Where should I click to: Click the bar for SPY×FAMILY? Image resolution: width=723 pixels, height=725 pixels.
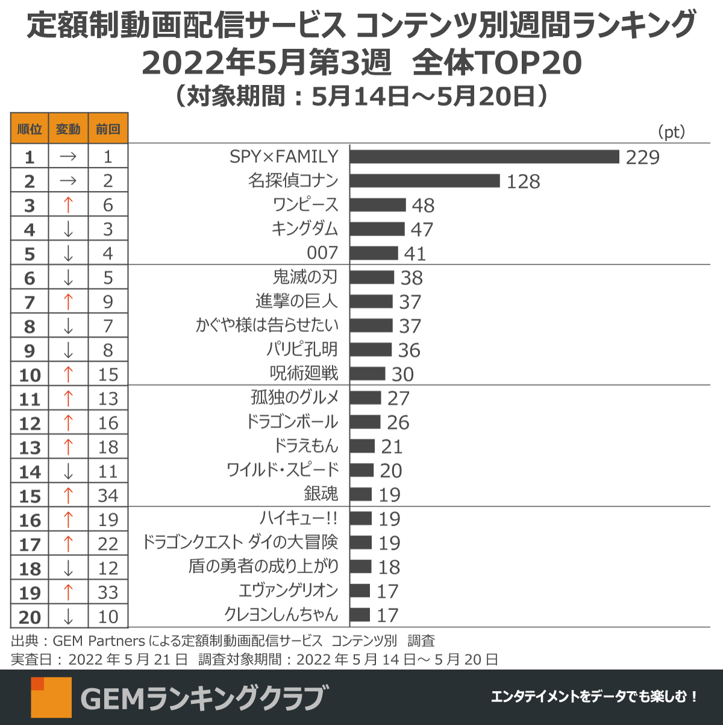484,157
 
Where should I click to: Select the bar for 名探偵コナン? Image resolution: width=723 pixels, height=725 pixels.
425,181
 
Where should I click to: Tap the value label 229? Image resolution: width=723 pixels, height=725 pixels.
642,157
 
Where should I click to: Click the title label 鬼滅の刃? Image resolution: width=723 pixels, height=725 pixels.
305,277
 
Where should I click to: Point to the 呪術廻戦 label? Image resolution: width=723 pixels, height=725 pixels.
304,374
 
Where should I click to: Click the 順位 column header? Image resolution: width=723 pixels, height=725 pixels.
30,129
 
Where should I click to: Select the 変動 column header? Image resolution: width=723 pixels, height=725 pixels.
68,129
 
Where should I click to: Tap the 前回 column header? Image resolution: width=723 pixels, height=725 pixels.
108,129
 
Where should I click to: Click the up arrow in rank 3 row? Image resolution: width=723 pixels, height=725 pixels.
68,205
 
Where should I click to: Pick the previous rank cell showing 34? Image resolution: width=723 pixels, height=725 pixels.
108,495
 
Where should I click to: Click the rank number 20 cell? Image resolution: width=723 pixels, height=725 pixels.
30,617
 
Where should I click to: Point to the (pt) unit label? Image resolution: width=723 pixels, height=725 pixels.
671,131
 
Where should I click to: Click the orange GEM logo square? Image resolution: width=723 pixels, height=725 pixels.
51,697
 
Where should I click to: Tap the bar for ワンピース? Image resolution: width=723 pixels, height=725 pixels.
378,205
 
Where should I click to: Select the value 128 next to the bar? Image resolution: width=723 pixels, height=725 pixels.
523,181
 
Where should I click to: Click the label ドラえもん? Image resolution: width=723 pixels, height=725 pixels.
306,446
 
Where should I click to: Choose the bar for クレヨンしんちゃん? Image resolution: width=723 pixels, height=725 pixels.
360,615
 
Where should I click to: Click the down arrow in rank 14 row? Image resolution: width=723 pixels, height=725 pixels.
68,471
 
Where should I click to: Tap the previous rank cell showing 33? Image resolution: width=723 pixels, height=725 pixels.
108,592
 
